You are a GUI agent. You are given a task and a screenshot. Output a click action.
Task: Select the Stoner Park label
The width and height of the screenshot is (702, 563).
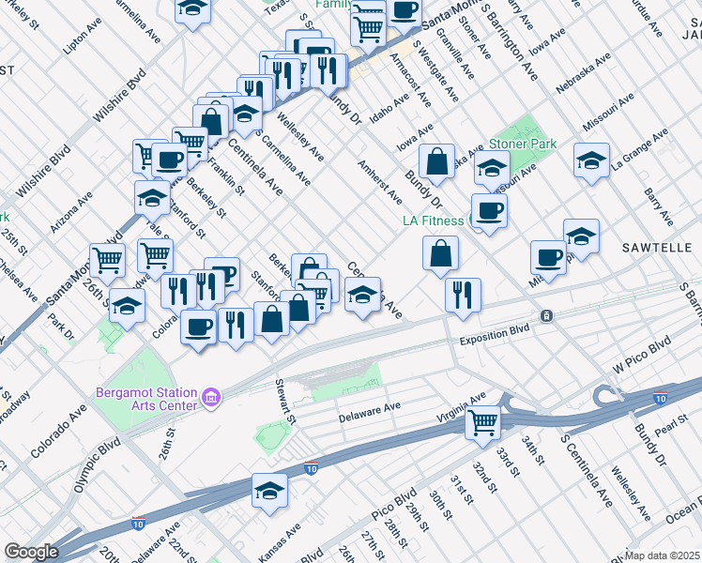pos(522,145)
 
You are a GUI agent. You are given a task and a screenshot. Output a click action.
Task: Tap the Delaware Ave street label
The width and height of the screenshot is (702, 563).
pos(370,411)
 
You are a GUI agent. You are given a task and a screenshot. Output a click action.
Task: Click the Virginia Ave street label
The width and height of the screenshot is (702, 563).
pos(461,408)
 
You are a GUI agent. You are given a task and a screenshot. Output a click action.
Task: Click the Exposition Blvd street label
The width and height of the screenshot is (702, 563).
pos(495,331)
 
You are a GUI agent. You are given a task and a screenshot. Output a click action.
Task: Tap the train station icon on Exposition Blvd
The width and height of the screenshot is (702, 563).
pos(545,315)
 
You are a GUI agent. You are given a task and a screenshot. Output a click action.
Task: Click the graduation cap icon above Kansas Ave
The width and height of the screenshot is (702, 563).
pos(269,491)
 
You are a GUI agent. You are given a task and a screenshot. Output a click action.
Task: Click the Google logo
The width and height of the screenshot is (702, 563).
pos(31,552)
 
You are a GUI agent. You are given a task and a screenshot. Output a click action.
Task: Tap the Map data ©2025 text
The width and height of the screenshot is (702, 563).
pos(662,555)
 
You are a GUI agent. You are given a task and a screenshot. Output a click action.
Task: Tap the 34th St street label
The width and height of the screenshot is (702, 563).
pos(534,448)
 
